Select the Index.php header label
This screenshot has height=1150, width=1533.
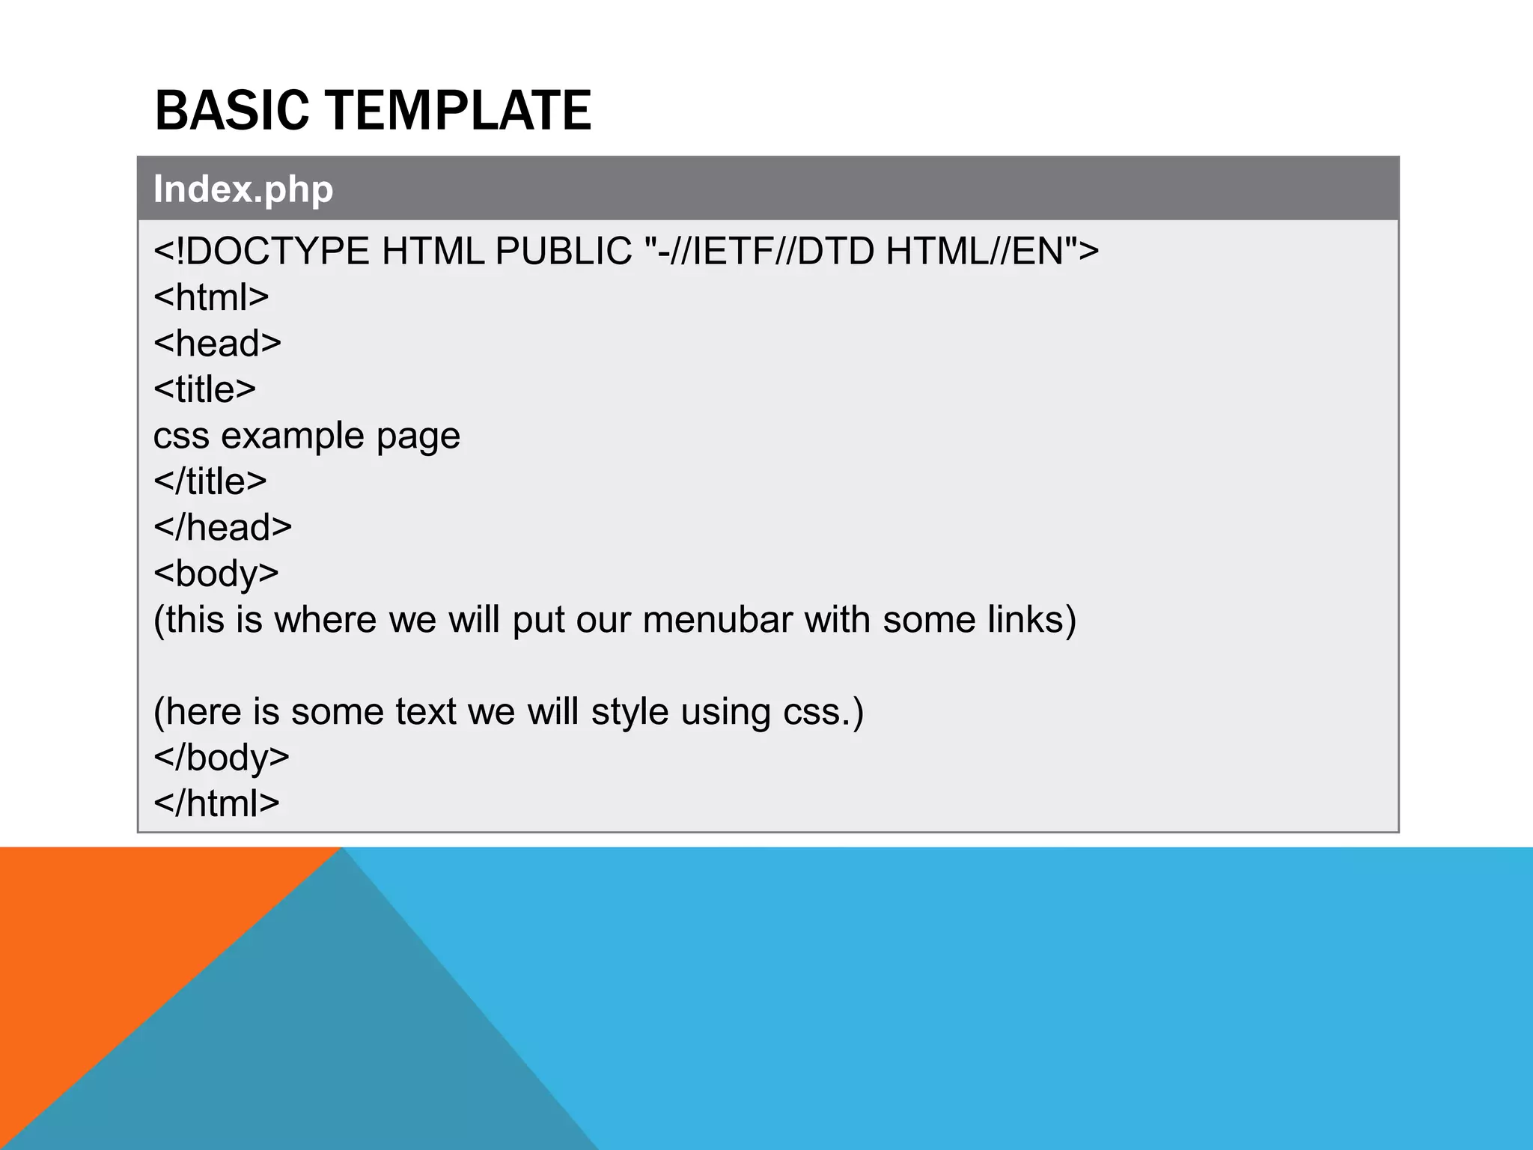click(x=243, y=189)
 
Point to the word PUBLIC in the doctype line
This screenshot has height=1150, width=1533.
click(x=563, y=251)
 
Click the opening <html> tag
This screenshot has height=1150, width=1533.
click(x=211, y=297)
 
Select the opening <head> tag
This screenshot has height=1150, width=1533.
click(x=217, y=343)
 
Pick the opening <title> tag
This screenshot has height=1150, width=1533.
click(x=204, y=389)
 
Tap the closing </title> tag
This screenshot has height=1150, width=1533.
click(x=210, y=481)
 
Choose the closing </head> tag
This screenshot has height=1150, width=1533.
click(x=222, y=527)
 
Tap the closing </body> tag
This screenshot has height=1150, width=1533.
click(x=221, y=758)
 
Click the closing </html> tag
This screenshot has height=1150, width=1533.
click(x=216, y=803)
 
